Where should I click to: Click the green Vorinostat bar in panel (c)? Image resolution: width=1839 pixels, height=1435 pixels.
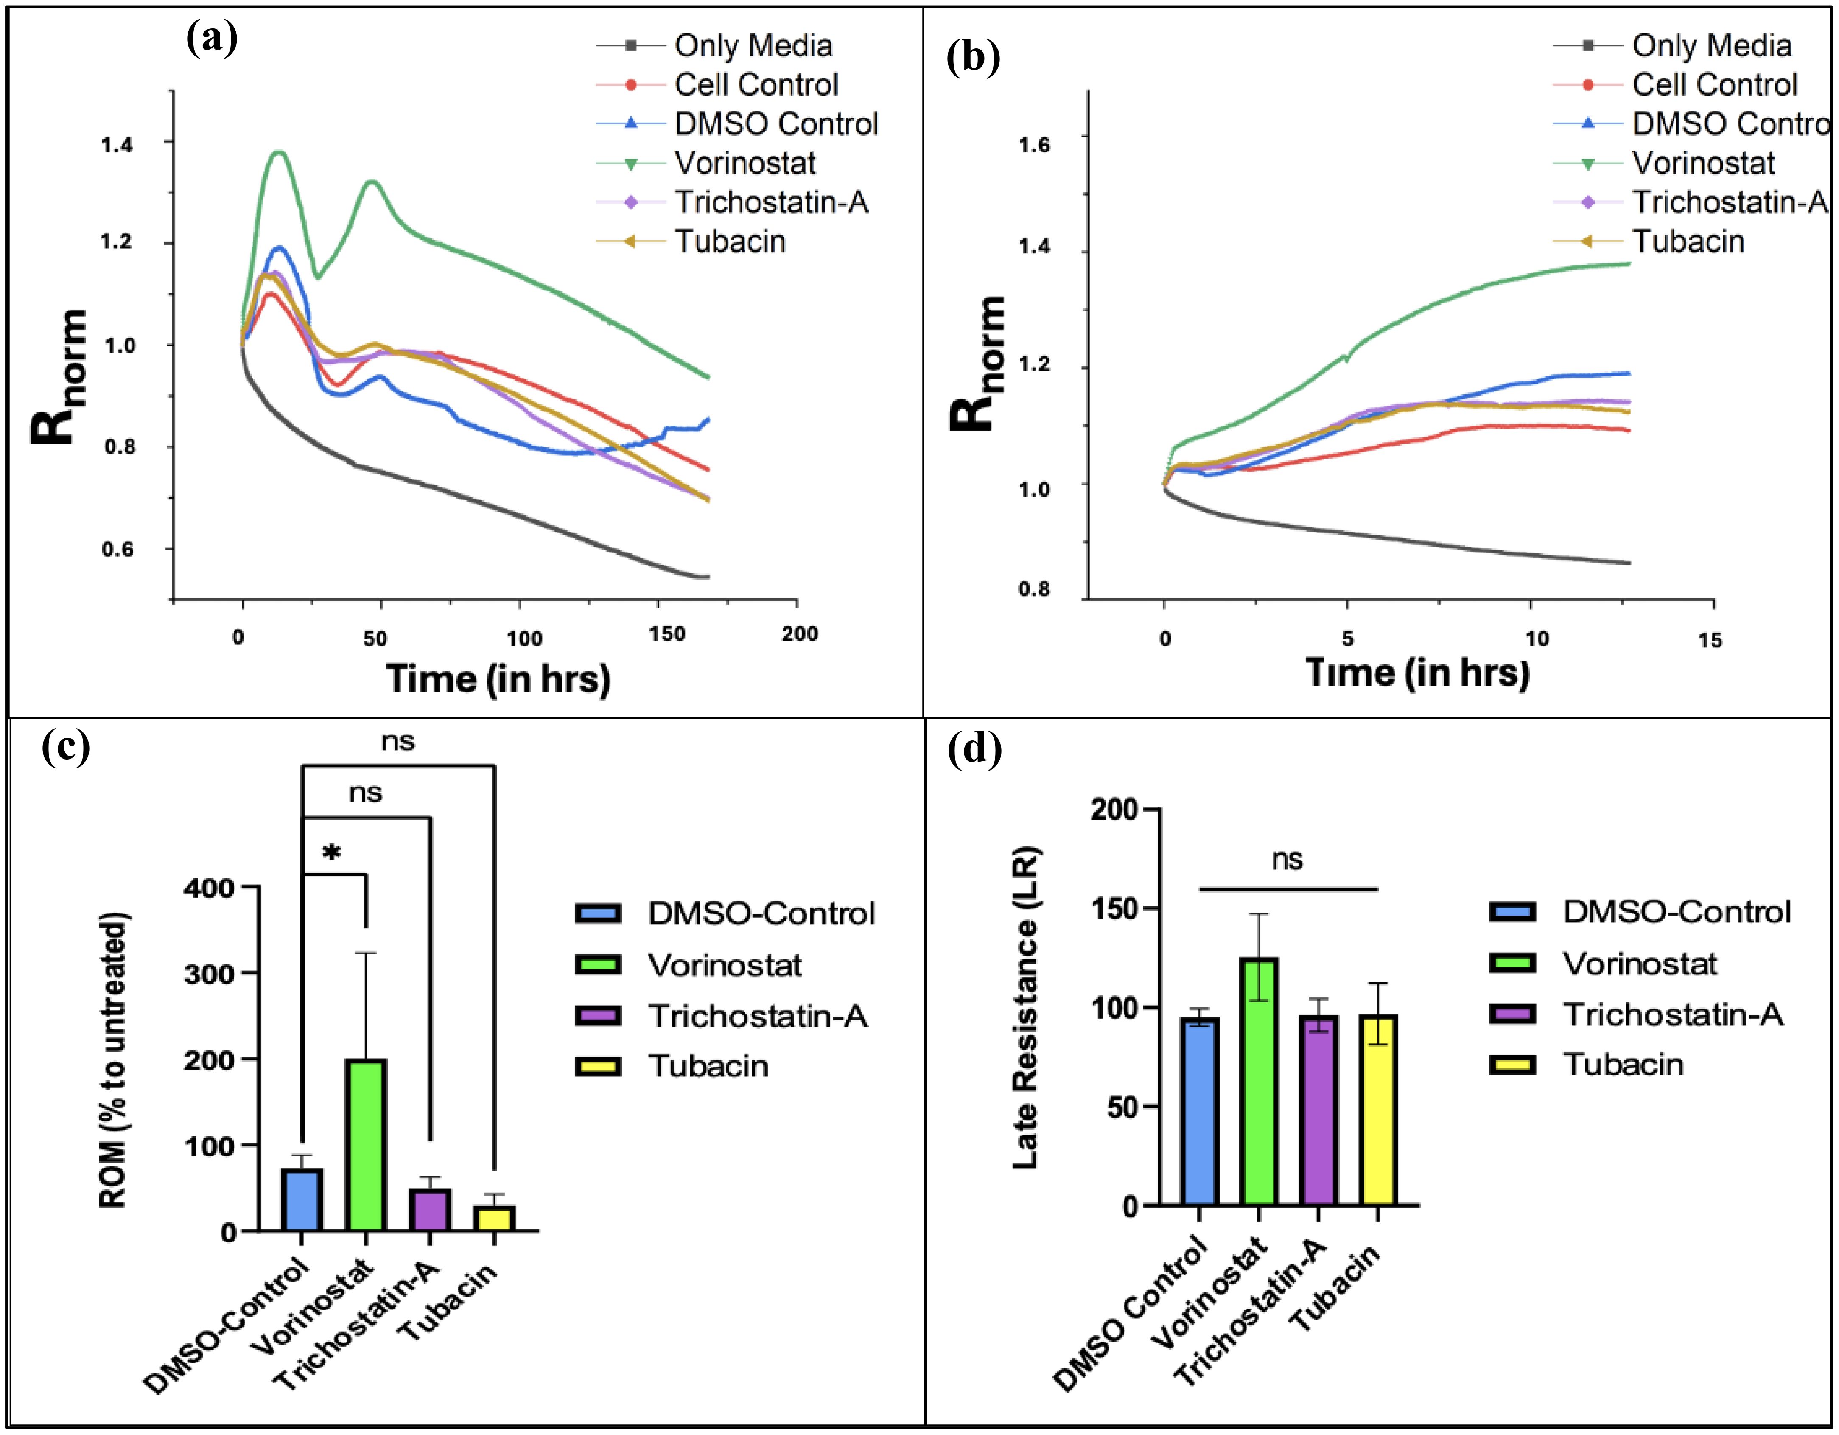click(x=365, y=1145)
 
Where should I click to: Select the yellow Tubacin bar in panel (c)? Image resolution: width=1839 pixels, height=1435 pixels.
click(x=493, y=1219)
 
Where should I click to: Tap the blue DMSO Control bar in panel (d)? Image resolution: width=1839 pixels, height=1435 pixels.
click(x=1199, y=1112)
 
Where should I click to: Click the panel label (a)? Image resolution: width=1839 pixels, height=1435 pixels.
click(x=211, y=38)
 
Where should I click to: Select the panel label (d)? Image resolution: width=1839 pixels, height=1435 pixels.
click(x=974, y=748)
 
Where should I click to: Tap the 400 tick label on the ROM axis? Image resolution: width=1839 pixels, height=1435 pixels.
click(x=210, y=888)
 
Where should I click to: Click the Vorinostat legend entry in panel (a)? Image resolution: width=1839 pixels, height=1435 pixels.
click(x=745, y=163)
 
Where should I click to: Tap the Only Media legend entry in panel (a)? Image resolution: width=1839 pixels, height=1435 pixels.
click(x=753, y=45)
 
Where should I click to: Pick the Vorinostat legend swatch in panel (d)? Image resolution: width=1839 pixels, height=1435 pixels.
click(x=1512, y=963)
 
